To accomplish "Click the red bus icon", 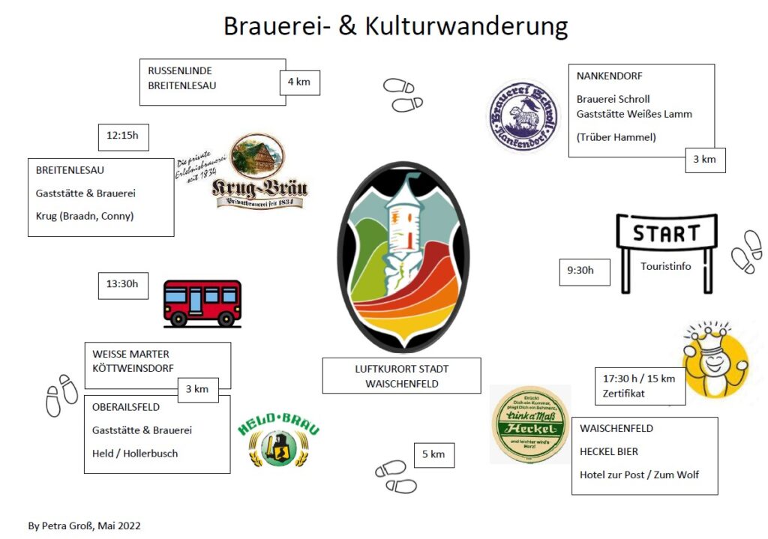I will coord(202,303).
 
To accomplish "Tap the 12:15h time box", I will coord(124,137).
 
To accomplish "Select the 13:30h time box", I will coord(123,285).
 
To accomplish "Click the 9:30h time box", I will coord(584,271).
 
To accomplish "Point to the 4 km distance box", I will coord(299,82).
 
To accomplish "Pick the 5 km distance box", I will coord(433,454).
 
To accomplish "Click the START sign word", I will coord(665,233).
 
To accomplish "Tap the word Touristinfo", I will coord(665,266).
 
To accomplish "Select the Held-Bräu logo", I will coord(278,440).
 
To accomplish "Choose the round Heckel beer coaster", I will coord(529,424).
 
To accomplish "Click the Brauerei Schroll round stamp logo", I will coord(524,115).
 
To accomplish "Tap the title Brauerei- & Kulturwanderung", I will coord(395,26).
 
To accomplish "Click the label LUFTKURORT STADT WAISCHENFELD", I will coord(401,376).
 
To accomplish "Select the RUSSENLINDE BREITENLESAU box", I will coord(212,82).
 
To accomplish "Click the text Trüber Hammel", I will coord(616,137).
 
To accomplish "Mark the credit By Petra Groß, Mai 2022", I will coord(84,526).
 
